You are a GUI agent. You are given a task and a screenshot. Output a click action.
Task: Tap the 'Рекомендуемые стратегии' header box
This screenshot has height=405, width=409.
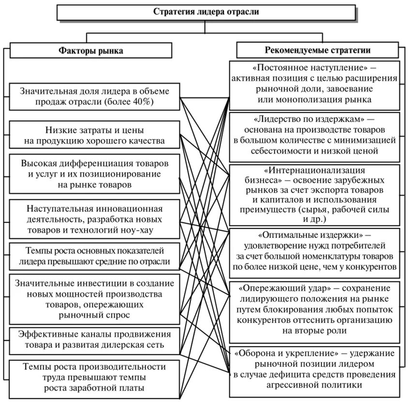[317, 50]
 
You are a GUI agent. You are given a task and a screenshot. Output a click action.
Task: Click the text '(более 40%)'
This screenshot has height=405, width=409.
[131, 102]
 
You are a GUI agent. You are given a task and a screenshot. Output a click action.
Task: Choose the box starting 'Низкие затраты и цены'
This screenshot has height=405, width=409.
[94, 135]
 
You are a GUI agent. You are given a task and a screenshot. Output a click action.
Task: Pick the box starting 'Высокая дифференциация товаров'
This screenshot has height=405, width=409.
[94, 172]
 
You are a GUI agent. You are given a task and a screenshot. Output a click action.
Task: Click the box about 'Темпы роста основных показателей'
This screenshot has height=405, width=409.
[94, 256]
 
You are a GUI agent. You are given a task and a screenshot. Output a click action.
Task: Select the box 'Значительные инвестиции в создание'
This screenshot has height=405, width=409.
[94, 298]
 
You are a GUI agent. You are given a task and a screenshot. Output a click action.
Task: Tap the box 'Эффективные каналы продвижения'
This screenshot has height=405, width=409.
[94, 339]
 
